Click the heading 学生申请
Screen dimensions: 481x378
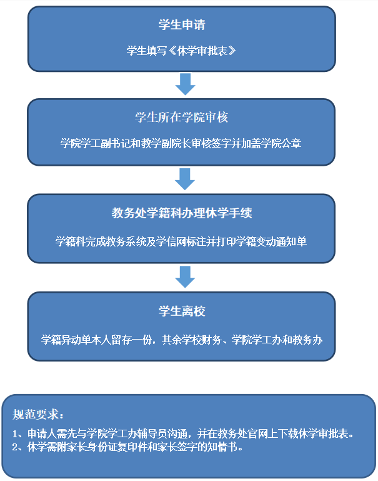[x=181, y=26]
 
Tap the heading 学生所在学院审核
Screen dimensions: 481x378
[x=181, y=118]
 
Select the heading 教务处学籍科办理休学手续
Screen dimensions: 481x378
[x=181, y=213]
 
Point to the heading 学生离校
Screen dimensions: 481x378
[x=181, y=311]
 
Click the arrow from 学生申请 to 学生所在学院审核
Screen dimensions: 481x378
[x=185, y=84]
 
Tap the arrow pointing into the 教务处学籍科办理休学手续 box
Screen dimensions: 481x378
[x=185, y=179]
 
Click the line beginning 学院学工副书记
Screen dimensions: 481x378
[x=181, y=143]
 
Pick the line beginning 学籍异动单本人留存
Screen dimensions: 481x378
[x=181, y=340]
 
